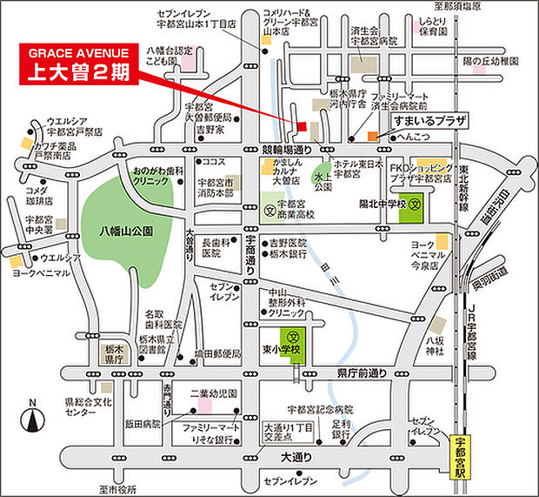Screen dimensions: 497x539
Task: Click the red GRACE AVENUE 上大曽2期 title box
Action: tap(77, 63)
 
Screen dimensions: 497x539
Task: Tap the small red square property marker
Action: tap(302, 127)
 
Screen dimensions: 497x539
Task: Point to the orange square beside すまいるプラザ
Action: tap(372, 136)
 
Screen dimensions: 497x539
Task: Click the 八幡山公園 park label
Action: tap(125, 232)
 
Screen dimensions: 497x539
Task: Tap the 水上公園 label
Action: tap(323, 181)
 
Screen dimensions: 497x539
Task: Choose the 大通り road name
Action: tap(296, 456)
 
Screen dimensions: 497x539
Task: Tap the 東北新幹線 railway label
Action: tap(465, 185)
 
